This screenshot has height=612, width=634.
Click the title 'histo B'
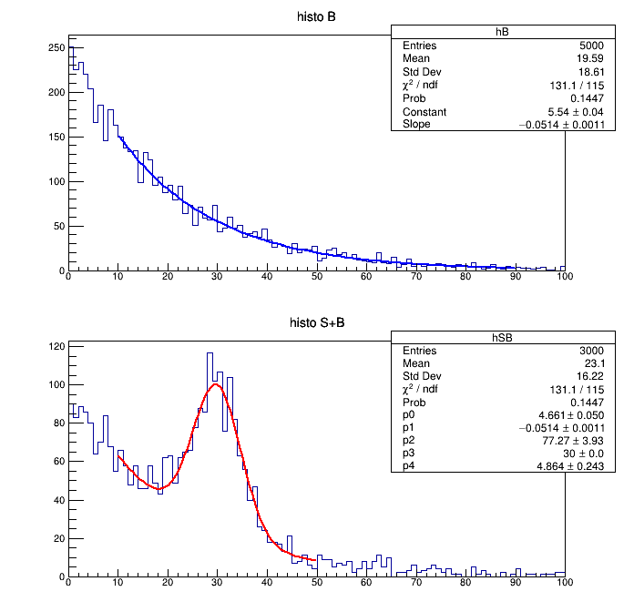(x=317, y=17)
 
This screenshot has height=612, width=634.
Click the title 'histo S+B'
(x=317, y=322)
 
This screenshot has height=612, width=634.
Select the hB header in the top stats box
(x=502, y=31)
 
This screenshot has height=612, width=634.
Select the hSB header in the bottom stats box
(x=502, y=337)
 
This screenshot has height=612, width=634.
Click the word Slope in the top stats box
(x=416, y=125)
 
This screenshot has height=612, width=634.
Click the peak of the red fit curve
(x=216, y=384)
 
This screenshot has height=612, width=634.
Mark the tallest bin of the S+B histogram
(x=210, y=353)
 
